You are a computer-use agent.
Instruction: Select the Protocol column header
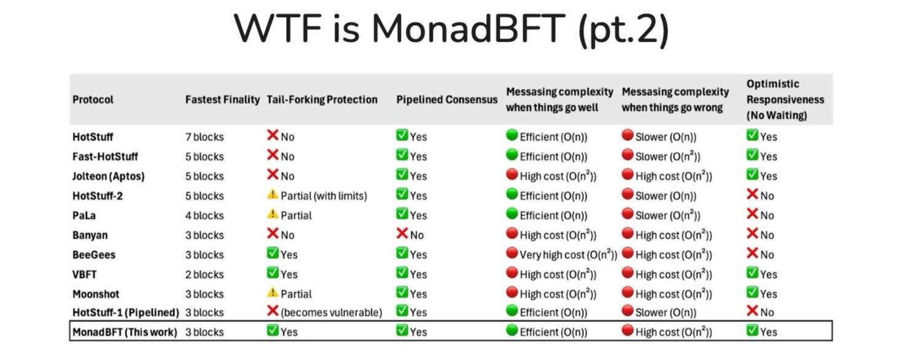click(93, 100)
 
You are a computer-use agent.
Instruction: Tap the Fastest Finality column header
click(222, 100)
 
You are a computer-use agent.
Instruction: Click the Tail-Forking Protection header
click(322, 100)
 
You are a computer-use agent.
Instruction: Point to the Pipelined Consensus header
click(446, 100)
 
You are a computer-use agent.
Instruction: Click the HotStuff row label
click(93, 136)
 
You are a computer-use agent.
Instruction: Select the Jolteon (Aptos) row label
click(108, 176)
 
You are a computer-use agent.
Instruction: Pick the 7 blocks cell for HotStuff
click(204, 136)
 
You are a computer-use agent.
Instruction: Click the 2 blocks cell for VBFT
click(204, 274)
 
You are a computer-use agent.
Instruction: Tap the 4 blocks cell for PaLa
click(204, 215)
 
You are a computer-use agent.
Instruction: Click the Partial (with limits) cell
click(323, 195)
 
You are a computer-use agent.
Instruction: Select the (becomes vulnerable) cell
click(331, 313)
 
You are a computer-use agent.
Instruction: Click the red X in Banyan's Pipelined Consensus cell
click(402, 234)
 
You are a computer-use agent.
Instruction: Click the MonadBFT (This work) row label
click(125, 332)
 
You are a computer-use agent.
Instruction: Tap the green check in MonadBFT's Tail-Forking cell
click(273, 331)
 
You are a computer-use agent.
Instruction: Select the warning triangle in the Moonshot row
click(273, 293)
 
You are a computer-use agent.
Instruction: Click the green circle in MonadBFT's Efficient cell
click(512, 331)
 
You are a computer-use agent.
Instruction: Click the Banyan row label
click(90, 235)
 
